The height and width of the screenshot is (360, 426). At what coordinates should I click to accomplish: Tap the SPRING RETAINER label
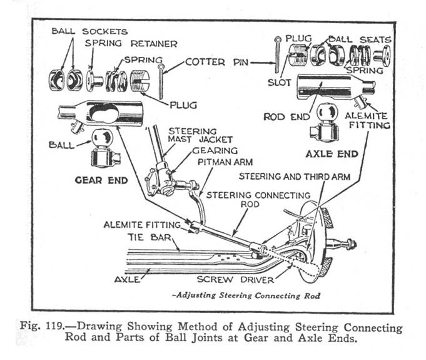pyautogui.click(x=131, y=44)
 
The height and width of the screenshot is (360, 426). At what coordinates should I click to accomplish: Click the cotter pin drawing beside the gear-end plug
pyautogui.click(x=161, y=80)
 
